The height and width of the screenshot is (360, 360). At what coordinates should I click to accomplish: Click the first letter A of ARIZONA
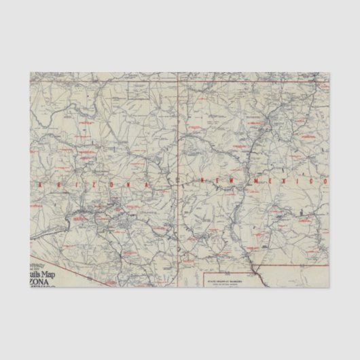[x=42, y=185]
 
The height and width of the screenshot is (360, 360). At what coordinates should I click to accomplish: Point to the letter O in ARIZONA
[x=126, y=183]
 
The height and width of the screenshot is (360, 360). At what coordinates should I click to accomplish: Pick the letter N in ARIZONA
[x=145, y=182]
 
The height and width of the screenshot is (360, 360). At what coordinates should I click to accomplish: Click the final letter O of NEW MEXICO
[x=324, y=181]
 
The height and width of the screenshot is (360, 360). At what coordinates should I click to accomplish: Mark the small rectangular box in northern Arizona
[x=140, y=90]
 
